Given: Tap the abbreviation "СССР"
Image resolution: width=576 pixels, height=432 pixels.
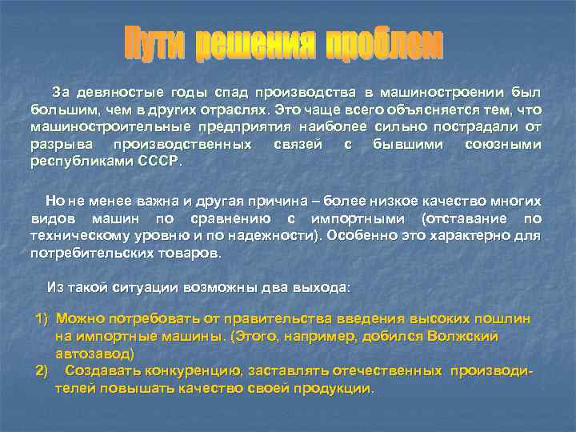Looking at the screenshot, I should coord(161,160).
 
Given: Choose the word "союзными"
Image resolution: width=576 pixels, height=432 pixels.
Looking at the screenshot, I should coord(502,143).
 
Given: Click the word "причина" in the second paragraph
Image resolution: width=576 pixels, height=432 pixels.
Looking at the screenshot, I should coord(298,202).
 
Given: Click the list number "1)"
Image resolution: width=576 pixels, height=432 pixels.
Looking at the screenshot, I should coord(42,318).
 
